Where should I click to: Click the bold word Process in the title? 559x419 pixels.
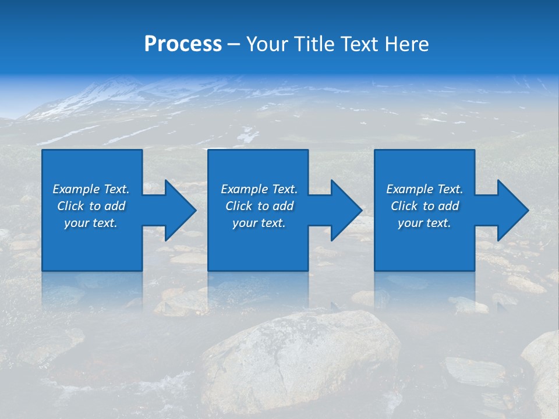(183, 44)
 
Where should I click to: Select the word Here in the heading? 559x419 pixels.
(408, 44)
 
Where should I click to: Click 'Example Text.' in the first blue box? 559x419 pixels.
(91, 189)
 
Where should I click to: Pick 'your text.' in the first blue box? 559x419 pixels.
(91, 223)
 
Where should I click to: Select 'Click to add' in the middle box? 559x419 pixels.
(259, 206)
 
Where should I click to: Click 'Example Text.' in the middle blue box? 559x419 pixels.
(259, 189)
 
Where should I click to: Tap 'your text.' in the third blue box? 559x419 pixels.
(424, 223)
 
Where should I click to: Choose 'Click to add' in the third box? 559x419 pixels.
(424, 206)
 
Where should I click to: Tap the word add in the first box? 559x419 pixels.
(115, 206)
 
